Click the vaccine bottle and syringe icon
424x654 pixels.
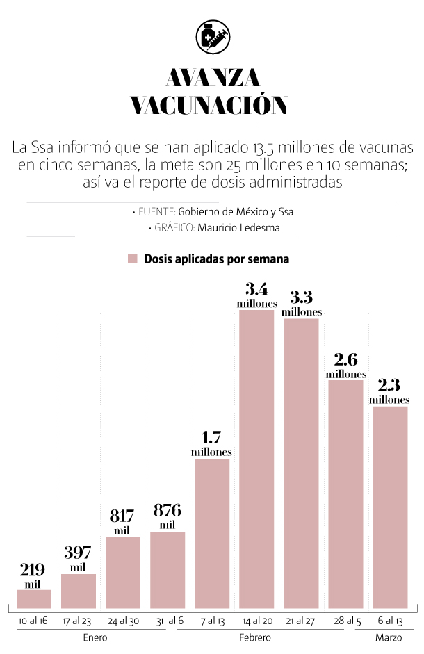(212, 37)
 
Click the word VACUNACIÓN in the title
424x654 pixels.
(209, 105)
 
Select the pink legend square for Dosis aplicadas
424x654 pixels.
(133, 259)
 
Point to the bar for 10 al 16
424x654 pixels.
(34, 599)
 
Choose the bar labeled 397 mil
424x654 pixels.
(79, 591)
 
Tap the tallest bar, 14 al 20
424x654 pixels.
(256, 459)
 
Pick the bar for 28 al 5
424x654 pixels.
(345, 494)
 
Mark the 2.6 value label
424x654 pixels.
(345, 360)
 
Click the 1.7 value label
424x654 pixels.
(212, 439)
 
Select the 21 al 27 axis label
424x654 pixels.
(301, 620)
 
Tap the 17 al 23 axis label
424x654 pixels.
(79, 620)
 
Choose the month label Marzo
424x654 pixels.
(388, 637)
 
